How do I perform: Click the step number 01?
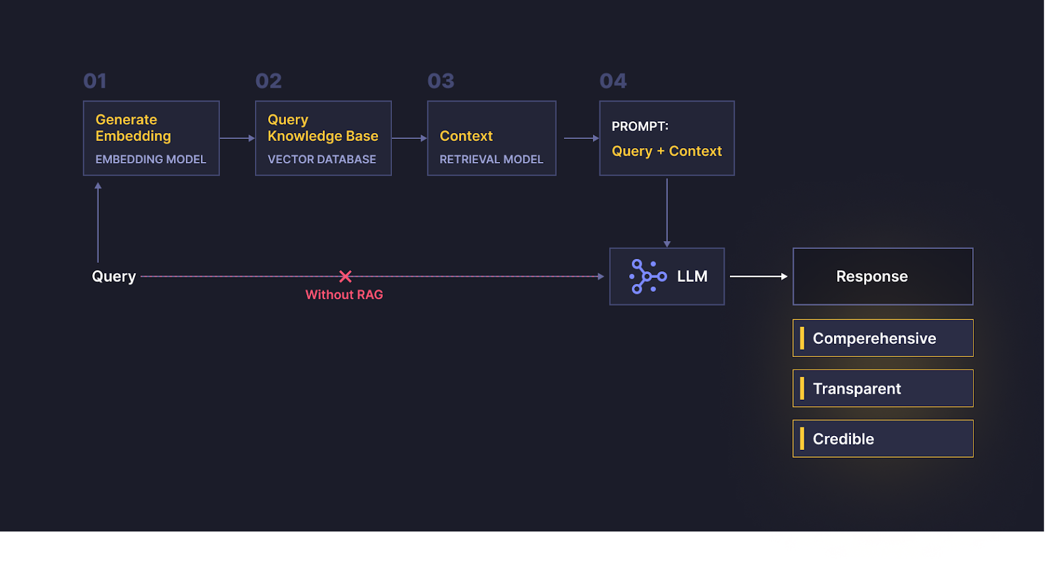(x=95, y=81)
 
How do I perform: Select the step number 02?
(x=269, y=81)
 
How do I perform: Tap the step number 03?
(x=441, y=81)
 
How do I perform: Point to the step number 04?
(x=613, y=81)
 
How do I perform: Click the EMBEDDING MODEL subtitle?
(x=151, y=159)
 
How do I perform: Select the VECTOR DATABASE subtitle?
(x=322, y=159)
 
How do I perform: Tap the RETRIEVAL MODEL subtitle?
(x=491, y=159)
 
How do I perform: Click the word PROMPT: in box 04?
(x=640, y=126)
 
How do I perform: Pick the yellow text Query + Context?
(x=667, y=151)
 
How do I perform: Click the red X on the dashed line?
(x=345, y=276)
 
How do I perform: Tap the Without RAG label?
(x=344, y=294)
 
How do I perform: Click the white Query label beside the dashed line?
(x=114, y=276)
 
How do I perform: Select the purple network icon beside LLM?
(x=648, y=277)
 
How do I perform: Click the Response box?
(x=883, y=277)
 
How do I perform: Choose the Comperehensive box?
(x=883, y=339)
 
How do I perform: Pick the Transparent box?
(x=883, y=388)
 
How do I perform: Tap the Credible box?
(x=883, y=439)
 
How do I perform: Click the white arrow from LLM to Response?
(x=758, y=276)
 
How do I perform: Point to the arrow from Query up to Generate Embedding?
(x=98, y=222)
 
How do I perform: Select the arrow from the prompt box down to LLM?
(x=667, y=213)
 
